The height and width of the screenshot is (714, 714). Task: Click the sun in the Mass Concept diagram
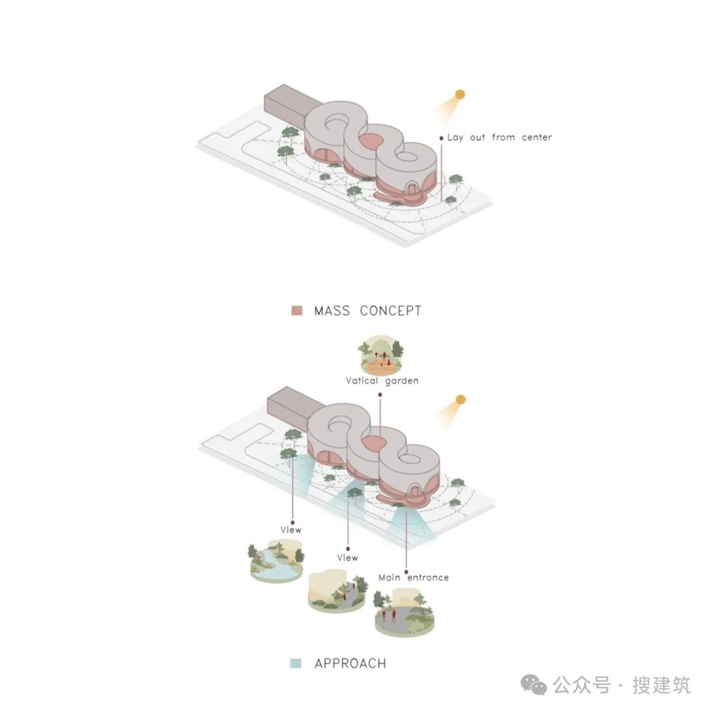(460, 95)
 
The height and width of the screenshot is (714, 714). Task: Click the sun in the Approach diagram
(461, 399)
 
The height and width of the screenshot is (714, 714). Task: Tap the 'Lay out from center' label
(499, 138)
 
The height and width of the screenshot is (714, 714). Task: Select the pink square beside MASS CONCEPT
(297, 311)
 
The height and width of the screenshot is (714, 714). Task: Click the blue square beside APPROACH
(296, 663)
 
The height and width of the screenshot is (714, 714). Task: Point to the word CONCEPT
(391, 311)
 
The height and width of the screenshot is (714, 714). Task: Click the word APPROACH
(350, 663)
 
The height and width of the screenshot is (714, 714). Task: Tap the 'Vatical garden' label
(382, 381)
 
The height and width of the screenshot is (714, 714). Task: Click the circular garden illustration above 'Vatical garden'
(381, 356)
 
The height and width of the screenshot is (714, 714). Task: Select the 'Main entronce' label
(413, 577)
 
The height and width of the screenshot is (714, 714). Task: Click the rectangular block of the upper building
(286, 105)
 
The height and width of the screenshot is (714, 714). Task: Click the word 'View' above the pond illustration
(291, 530)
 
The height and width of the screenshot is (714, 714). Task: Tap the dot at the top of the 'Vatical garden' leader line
(380, 395)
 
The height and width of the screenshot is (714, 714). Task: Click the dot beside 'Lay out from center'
(441, 138)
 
